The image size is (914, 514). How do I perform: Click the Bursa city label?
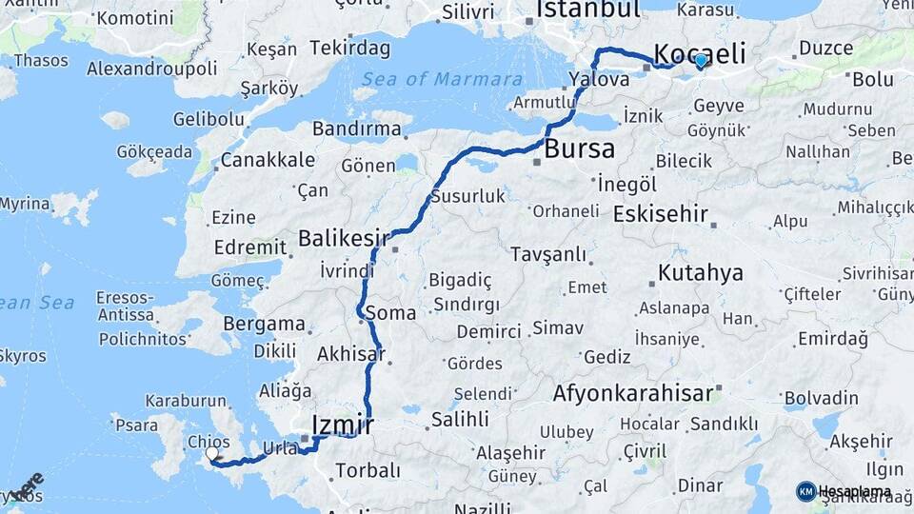click(x=579, y=149)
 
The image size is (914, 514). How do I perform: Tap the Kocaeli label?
click(x=701, y=53)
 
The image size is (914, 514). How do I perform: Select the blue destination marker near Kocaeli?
click(x=701, y=62)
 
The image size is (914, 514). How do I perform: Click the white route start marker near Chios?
click(x=211, y=455)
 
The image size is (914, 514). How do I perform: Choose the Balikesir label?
click(x=339, y=238)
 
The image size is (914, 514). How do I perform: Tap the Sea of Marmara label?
click(x=442, y=80)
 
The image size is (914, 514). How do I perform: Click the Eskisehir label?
click(x=660, y=214)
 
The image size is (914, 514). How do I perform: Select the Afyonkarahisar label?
click(x=632, y=393)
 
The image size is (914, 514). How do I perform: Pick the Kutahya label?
click(x=700, y=274)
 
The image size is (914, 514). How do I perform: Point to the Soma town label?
click(x=396, y=313)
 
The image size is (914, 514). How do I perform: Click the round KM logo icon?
click(x=805, y=491)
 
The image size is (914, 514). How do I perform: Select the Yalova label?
click(x=598, y=80)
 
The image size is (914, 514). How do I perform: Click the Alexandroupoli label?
click(x=151, y=69)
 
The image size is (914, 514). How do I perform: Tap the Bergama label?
click(x=264, y=324)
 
